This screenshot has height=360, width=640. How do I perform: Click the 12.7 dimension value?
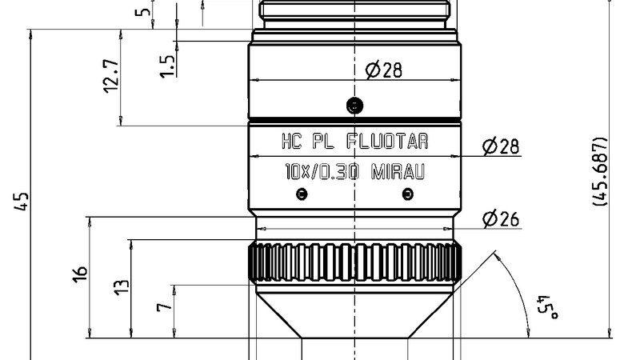click(111, 78)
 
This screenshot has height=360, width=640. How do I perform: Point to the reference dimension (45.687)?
click(600, 173)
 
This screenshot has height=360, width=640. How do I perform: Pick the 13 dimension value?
click(121, 287)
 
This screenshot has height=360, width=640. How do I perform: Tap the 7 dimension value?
click(164, 306)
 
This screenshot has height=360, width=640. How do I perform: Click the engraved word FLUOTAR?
click(387, 142)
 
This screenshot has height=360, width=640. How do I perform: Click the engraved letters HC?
click(291, 142)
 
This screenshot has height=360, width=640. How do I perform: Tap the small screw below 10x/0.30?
click(301, 193)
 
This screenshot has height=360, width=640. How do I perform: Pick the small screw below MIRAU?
click(408, 193)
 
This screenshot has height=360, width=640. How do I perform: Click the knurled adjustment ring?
click(354, 262)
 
